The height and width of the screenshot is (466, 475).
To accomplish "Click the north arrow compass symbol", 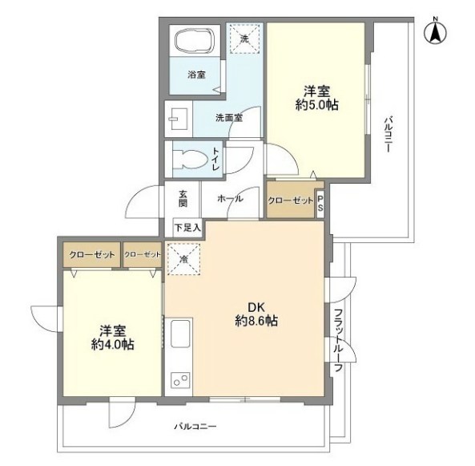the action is [436, 31].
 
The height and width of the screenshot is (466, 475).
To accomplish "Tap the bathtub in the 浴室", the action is [195, 40].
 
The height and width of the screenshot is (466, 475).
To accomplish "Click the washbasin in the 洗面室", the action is [179, 119].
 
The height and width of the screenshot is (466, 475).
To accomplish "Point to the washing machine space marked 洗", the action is [244, 38].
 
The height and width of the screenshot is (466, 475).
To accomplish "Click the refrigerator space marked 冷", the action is [183, 259].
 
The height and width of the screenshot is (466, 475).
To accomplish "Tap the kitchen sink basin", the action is [180, 334].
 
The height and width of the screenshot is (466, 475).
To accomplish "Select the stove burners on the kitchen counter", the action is [180, 380].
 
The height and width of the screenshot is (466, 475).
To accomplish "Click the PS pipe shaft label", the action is [320, 203].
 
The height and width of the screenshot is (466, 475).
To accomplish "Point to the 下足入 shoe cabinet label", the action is [187, 228].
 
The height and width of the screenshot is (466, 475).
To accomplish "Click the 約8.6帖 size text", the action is [256, 321].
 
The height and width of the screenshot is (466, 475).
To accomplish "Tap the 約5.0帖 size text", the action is [317, 105].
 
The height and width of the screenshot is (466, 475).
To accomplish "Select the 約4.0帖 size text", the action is [113, 345].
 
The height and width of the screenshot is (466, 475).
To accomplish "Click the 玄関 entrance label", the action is [183, 198].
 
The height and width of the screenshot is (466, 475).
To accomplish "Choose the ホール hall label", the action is [230, 199].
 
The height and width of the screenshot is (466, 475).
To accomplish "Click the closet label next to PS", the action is [291, 201].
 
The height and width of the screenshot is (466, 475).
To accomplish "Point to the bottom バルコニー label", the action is [195, 427].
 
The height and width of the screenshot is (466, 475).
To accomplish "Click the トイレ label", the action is [215, 159].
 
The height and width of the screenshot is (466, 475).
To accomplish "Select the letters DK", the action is [256, 307].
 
